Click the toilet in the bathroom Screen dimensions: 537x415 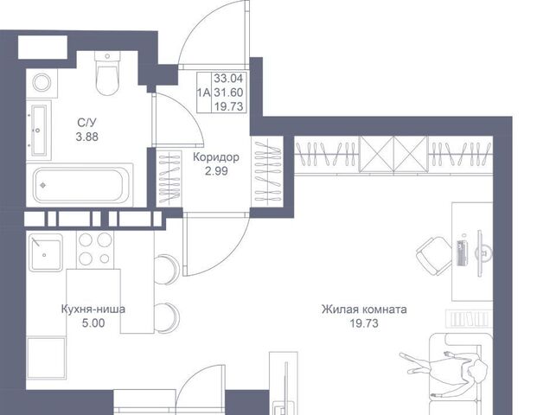[107, 73]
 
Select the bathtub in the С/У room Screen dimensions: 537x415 [80, 185]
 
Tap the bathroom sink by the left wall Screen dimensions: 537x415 [38, 130]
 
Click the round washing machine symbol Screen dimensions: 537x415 [42, 82]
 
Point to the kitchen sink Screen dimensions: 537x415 [45, 252]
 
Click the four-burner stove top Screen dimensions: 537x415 [95, 249]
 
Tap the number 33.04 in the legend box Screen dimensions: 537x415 [228, 79]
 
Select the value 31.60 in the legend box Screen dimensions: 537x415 [228, 93]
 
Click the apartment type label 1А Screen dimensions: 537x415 [204, 93]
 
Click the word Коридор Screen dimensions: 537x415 [216, 157]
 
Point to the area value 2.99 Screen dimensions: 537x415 [216, 171]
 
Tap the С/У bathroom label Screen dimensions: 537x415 [87, 122]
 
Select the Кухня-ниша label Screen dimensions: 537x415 [93, 310]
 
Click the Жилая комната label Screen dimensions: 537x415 [364, 310]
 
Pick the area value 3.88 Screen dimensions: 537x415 [87, 137]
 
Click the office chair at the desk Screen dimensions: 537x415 [434, 256]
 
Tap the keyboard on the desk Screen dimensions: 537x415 [463, 253]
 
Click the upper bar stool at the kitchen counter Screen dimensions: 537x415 [167, 269]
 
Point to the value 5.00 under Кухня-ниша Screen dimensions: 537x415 [93, 322]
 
